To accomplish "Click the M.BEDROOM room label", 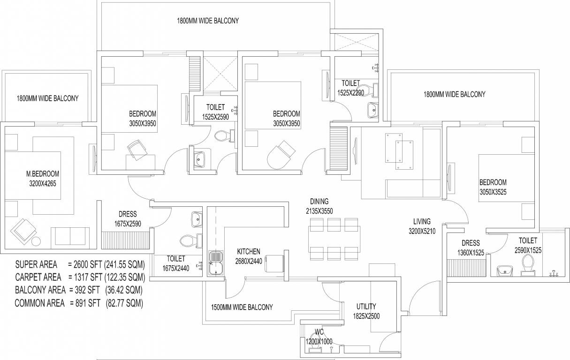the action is pyautogui.click(x=43, y=174).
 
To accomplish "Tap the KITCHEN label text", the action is pyautogui.click(x=249, y=252).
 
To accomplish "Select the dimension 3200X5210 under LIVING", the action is pyautogui.click(x=422, y=232).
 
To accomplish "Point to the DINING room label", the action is pyautogui.click(x=319, y=202).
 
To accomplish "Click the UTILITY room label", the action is pyautogui.click(x=366, y=307).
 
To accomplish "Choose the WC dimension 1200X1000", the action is pyautogui.click(x=319, y=342).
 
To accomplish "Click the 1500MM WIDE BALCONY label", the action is pyautogui.click(x=242, y=307).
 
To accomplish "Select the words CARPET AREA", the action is pyautogui.click(x=38, y=277).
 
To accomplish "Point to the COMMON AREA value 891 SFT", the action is pyautogui.click(x=86, y=303).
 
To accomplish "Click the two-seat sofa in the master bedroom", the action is pyautogui.click(x=70, y=238).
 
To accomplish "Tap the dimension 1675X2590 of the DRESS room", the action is pyautogui.click(x=128, y=224).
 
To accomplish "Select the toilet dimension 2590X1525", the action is pyautogui.click(x=528, y=250).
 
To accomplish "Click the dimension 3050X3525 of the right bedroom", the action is pyautogui.click(x=493, y=192).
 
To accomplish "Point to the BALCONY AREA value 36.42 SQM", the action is pyautogui.click(x=124, y=290).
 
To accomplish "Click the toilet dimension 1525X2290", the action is pyautogui.click(x=351, y=93).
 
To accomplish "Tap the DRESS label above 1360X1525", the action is pyautogui.click(x=471, y=243).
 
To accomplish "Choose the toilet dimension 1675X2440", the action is pyautogui.click(x=176, y=269).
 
